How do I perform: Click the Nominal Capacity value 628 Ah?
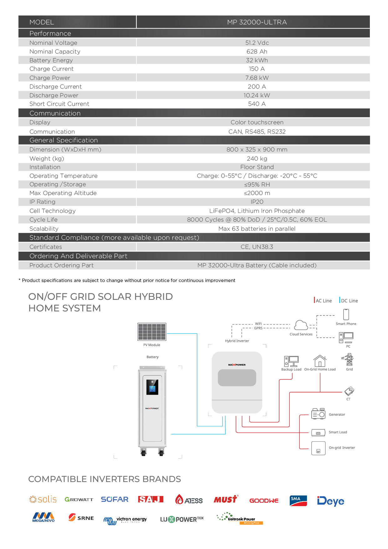pos(257,52)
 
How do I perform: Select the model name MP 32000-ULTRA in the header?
pos(257,22)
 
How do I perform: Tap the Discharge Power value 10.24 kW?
pos(257,95)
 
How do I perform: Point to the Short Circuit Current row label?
pos(59,104)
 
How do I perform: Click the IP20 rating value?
pos(257,202)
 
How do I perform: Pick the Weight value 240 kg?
pos(257,159)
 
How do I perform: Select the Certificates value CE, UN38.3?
pos(257,247)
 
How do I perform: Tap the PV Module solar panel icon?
pos(152,332)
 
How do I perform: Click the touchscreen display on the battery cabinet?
pos(152,387)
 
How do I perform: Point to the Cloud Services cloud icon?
pos(301,325)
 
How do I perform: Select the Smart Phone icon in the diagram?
pos(346,314)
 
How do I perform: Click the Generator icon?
pos(318,414)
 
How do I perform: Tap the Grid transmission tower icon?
pos(349,360)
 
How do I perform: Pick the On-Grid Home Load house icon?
pos(320,361)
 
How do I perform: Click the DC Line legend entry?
pos(349,300)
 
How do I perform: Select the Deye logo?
pos(330,501)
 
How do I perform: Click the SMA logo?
pos(298,500)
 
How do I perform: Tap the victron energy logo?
pos(125,520)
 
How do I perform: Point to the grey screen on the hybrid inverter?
pos(237,378)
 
